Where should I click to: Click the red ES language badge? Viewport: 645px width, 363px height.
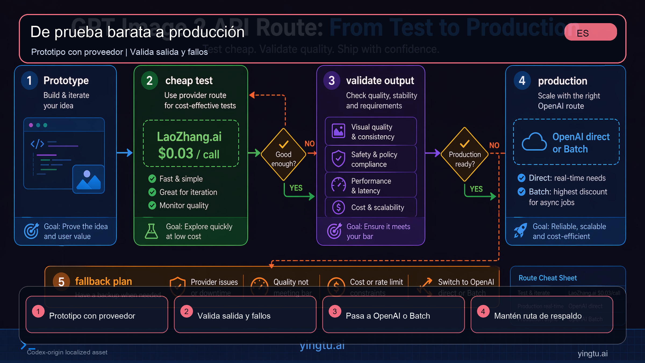tap(590, 32)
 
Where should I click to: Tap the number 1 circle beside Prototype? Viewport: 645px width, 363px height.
tap(29, 80)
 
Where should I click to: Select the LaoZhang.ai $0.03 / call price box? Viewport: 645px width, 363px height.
tap(191, 144)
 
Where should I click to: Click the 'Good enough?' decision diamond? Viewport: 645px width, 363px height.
tap(283, 154)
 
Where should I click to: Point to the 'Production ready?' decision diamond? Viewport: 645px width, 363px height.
tap(464, 154)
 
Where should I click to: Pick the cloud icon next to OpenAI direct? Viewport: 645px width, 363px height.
tap(534, 142)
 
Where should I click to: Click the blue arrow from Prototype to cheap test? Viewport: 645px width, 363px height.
tap(125, 153)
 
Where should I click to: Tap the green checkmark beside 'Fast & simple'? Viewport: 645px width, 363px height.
tap(152, 179)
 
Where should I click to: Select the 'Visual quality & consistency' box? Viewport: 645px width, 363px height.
tap(371, 131)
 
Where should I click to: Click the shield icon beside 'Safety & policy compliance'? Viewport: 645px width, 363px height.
tap(338, 159)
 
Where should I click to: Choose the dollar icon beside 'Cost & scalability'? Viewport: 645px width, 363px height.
tap(338, 207)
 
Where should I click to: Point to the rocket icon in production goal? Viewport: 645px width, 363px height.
tap(520, 230)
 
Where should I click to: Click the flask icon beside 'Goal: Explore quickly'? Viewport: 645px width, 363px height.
tap(151, 231)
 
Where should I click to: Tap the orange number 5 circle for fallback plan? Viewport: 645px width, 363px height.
tap(61, 282)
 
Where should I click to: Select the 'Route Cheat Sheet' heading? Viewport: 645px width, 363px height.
tap(547, 278)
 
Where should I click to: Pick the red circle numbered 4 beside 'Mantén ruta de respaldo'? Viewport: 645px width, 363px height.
tap(483, 312)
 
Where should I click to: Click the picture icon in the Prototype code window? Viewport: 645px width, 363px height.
tap(88, 179)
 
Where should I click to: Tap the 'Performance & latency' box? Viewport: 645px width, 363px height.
tap(371, 186)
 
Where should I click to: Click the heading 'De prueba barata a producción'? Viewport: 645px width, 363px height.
tap(137, 32)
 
